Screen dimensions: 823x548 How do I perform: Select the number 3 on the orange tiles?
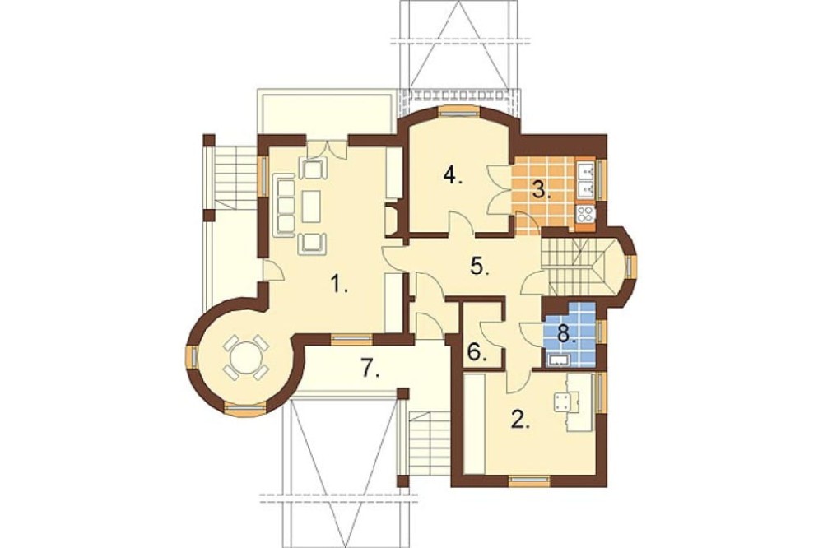click(x=542, y=189)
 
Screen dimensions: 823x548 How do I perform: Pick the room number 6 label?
click(x=477, y=352)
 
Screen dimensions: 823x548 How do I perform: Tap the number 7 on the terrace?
click(x=370, y=368)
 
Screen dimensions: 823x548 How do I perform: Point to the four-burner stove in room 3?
click(x=586, y=213)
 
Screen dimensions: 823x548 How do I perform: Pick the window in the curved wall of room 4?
click(x=459, y=110)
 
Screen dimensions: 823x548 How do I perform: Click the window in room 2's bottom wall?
click(x=529, y=479)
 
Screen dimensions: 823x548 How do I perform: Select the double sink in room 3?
click(x=586, y=179)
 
